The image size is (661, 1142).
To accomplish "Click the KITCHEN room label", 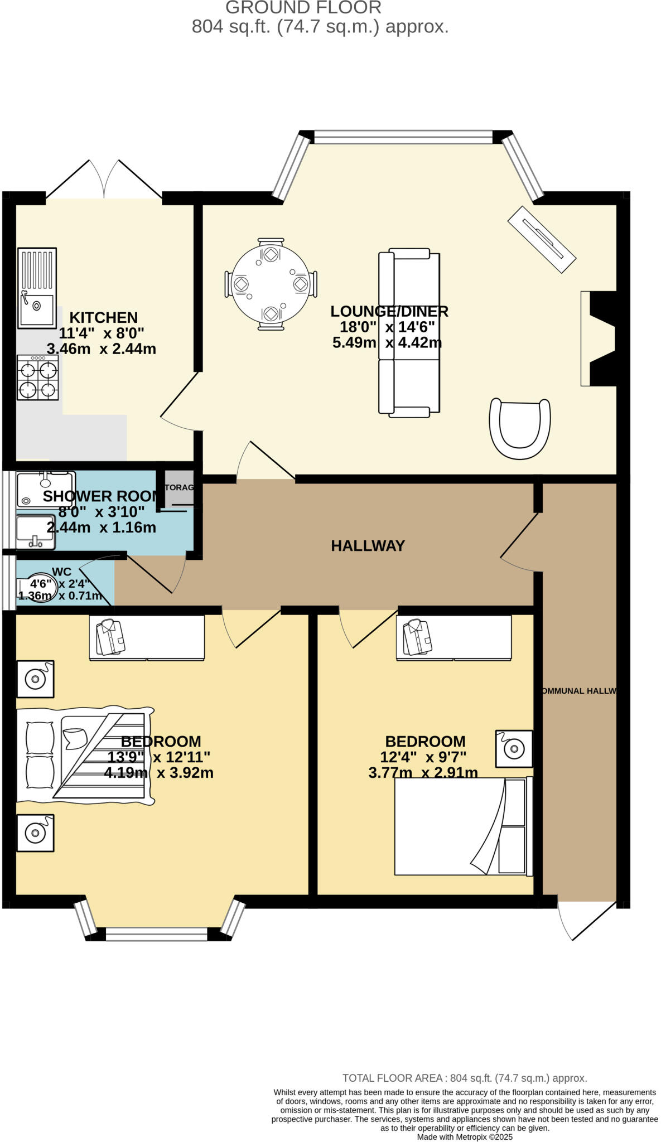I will (x=103, y=318).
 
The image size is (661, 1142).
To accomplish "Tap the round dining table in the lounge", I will (x=271, y=284).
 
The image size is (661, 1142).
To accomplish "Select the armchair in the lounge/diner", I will (x=519, y=428).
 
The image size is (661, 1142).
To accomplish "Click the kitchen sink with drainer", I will (x=37, y=288).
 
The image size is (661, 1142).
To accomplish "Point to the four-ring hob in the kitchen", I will (x=37, y=378).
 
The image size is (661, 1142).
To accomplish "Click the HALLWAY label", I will (x=368, y=546).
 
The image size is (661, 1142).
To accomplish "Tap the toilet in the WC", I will (x=42, y=588).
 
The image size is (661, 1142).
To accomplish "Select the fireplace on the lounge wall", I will (x=600, y=338).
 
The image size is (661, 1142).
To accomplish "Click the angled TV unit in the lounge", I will (x=541, y=239).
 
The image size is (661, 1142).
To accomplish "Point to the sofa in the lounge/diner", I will (x=409, y=333).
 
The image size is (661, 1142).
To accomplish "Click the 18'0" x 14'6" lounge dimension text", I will (x=387, y=327).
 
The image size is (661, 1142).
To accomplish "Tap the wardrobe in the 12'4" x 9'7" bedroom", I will (x=453, y=638).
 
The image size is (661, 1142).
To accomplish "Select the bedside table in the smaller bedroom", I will (x=514, y=748).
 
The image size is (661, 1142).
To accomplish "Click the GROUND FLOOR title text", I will (x=303, y=8).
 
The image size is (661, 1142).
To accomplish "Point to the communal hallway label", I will (x=578, y=691).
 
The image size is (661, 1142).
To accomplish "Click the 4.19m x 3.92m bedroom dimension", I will (x=158, y=773).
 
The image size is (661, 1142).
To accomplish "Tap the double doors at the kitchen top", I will (x=104, y=180).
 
